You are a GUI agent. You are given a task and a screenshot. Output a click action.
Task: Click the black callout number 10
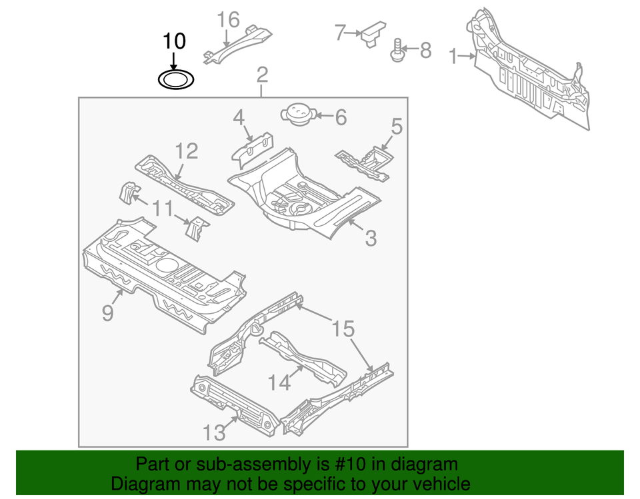point(174,41)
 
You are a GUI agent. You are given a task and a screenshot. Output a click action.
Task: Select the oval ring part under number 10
point(176,81)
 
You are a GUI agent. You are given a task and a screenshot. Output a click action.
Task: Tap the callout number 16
point(229,19)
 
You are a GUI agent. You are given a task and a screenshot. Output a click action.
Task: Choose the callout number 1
point(453,57)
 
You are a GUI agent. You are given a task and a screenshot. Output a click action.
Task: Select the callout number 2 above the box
point(262,74)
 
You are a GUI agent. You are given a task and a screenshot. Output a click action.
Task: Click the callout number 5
point(397,125)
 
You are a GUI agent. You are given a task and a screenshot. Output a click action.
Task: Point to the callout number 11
point(161,209)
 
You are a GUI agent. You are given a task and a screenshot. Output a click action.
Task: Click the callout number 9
point(108,312)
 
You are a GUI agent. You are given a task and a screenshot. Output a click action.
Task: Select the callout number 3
point(371,237)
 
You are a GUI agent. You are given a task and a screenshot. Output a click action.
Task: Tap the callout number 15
point(343,328)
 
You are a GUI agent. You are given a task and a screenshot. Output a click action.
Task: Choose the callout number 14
point(281,382)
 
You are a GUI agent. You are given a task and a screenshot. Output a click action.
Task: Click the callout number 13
point(215,432)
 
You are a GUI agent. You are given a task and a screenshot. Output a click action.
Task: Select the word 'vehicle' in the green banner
point(437,484)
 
